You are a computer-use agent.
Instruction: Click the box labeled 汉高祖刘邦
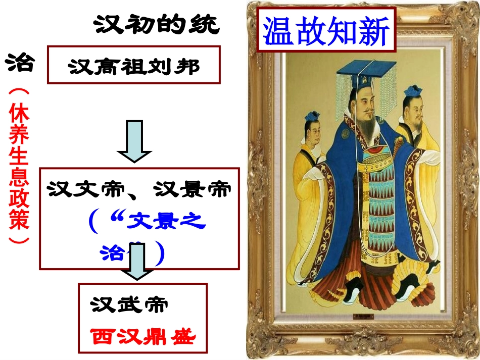coord(133,65)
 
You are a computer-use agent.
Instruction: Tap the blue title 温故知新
coord(326,32)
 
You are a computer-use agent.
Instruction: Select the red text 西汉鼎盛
coord(143,336)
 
